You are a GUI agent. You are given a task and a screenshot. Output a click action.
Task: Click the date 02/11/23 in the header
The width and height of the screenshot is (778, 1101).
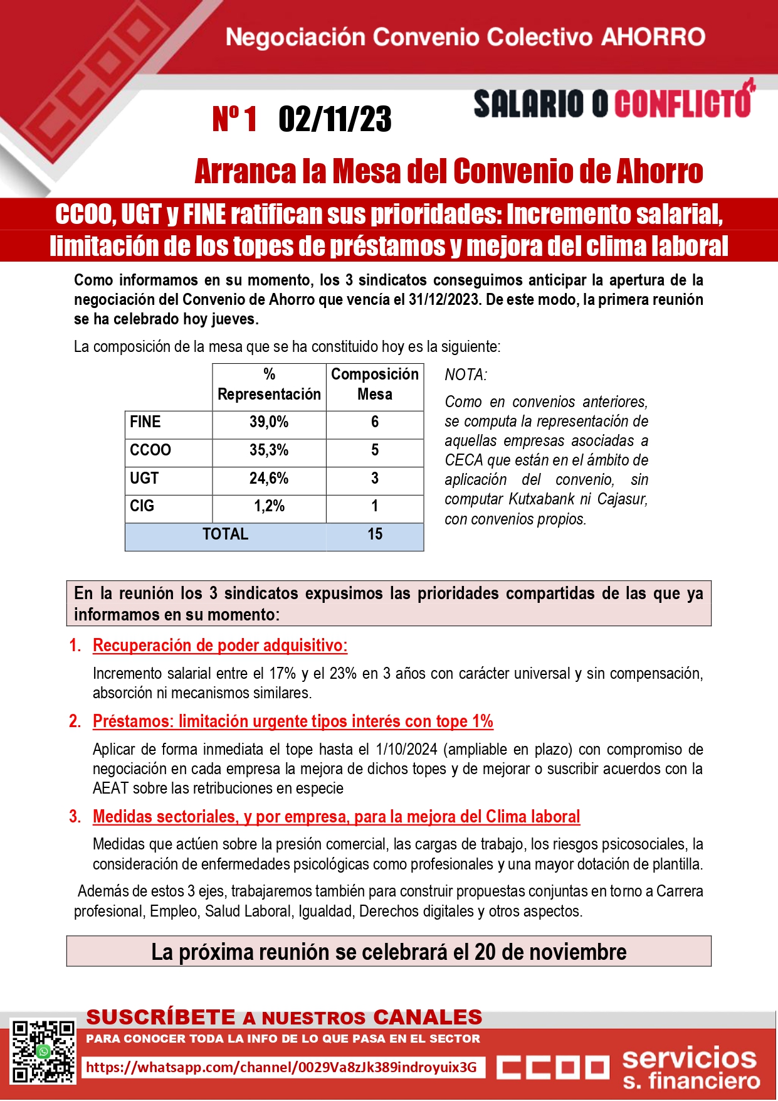[x=335, y=119]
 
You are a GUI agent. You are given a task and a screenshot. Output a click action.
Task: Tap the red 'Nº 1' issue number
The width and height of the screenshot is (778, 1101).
[x=234, y=119]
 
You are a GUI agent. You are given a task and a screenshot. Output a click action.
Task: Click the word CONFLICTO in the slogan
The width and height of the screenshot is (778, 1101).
[x=683, y=104]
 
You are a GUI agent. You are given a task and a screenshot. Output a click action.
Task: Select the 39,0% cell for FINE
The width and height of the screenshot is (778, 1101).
[x=269, y=422]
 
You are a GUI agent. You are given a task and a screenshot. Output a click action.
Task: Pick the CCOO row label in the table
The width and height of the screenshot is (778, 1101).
[x=150, y=450]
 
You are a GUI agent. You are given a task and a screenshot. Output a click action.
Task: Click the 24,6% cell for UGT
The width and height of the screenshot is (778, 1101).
[x=269, y=479]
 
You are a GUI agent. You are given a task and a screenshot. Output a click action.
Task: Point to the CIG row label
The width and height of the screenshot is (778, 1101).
[x=142, y=506]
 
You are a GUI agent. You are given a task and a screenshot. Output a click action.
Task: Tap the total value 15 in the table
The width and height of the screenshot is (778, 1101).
[x=375, y=535]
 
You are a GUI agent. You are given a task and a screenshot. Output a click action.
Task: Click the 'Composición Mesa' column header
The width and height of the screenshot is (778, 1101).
[x=375, y=384]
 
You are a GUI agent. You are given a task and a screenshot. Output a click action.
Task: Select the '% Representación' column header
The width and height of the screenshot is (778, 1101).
[x=269, y=384]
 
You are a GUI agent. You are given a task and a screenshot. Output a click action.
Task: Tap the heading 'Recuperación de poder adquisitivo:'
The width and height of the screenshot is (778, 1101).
[x=220, y=646]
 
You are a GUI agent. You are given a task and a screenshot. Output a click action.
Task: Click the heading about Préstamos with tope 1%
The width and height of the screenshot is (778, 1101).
[x=293, y=721]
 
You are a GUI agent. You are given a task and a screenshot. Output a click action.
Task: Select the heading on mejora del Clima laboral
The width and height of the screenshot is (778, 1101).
[x=336, y=817]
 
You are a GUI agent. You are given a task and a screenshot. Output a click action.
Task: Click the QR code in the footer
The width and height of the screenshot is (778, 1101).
[x=43, y=1051]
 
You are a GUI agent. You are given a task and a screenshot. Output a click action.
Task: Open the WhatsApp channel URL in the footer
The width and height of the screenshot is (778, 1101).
[x=281, y=1067]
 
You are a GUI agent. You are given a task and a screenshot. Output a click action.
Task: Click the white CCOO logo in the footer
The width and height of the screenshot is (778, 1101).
[x=553, y=1066]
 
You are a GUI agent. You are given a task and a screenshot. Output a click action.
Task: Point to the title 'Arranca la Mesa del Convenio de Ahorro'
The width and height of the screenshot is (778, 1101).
[x=449, y=171]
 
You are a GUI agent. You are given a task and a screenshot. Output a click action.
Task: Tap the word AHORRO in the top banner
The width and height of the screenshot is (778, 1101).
[x=653, y=38]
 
